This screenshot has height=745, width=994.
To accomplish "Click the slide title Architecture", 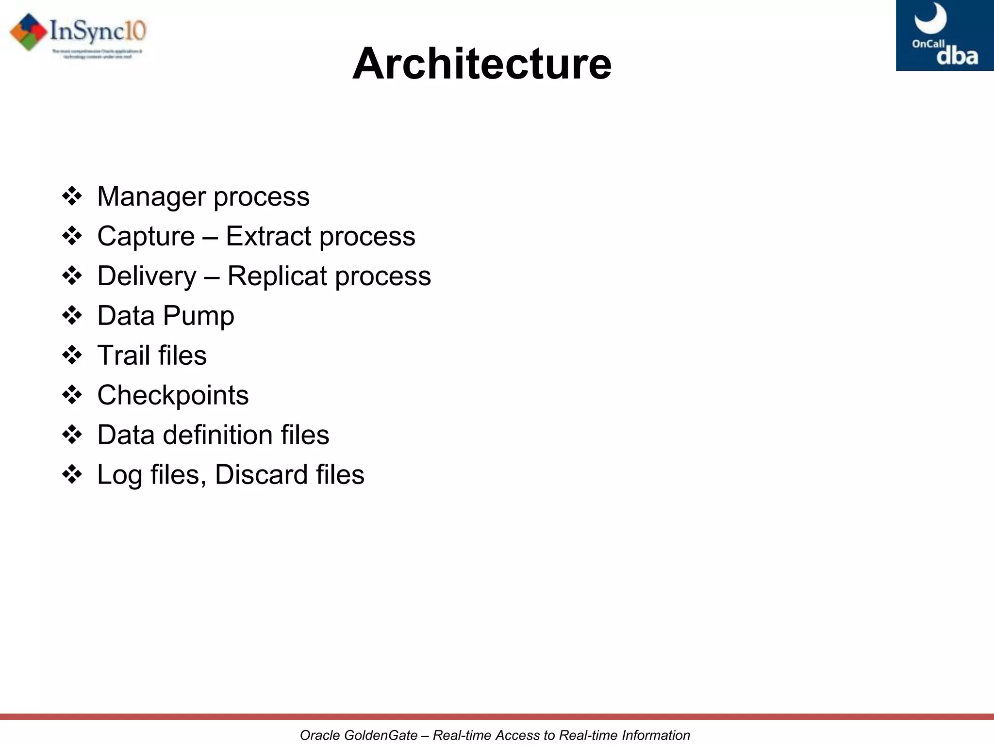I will click(481, 64).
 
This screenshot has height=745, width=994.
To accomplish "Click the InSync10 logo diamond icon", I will click(29, 32).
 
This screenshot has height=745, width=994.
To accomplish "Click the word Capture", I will click(146, 237).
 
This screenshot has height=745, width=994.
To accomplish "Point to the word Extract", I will click(268, 237).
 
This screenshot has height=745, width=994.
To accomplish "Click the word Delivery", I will click(147, 276).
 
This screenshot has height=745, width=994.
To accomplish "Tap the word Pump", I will click(199, 316).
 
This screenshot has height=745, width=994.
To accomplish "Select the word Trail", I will click(123, 356).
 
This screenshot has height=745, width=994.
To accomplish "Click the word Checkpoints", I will click(173, 395).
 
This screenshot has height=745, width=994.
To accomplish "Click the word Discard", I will click(261, 475).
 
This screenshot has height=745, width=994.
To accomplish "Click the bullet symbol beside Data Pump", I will click(72, 316).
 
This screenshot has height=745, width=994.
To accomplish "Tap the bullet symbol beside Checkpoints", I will click(72, 395).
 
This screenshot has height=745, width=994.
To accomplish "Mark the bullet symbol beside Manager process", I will click(72, 196).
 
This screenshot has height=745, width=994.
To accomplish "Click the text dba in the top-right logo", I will click(957, 56).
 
